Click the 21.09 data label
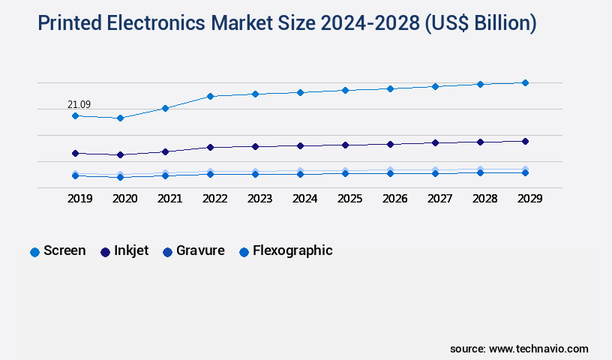pos(79,104)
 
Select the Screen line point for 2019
pos(75,115)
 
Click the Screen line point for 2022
pos(210,96)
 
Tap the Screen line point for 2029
pos(525,82)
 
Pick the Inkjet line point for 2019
pos(75,153)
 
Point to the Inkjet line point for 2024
pos(300,145)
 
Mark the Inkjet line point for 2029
pos(525,141)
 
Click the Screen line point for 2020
pos(120,118)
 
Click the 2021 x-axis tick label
pos(169,199)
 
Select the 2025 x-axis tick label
pos(349,199)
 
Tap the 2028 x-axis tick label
pos(484,199)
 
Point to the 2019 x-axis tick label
pos(79,199)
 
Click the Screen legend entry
pos(58,251)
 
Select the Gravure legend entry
pos(193,251)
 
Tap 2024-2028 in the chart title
pos(370,24)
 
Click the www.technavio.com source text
pos(538,349)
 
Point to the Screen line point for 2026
pos(390,88)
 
